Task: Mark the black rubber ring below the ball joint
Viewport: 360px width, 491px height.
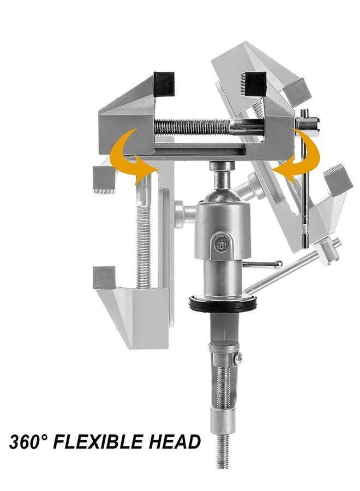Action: point(224,303)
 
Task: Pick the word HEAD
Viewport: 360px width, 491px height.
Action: point(173,441)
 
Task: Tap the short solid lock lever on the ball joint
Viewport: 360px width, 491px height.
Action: point(262,265)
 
